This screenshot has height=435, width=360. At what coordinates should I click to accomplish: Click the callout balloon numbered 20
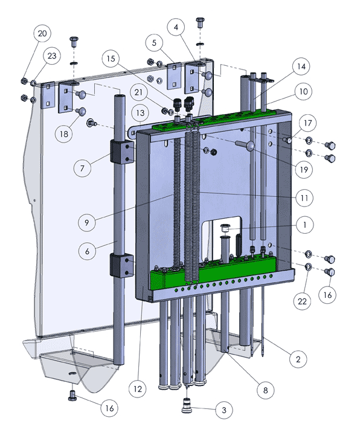42,33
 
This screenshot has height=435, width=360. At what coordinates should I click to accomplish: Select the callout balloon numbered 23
52,56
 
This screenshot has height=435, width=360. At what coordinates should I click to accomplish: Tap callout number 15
111,59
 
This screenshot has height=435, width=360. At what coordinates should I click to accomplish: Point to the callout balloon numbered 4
176,27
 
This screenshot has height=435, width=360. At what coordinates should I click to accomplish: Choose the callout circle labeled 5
154,43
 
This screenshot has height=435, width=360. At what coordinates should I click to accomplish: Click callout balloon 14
301,66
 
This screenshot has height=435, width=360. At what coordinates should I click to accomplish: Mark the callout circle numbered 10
303,91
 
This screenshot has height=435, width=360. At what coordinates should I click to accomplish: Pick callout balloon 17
307,123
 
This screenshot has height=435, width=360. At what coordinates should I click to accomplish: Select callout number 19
304,169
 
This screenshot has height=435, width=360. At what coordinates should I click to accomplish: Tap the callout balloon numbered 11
304,198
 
